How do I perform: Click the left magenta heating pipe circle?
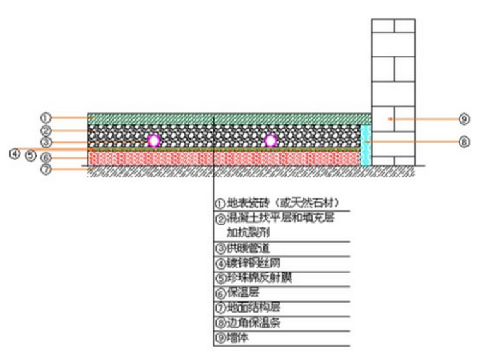(153, 141)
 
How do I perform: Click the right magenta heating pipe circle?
(270, 141)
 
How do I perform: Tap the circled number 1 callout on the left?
(45, 117)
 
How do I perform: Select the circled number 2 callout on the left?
(45, 130)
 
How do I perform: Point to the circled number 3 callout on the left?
(45, 142)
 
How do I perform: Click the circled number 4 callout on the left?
(15, 153)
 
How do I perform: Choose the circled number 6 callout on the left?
(45, 157)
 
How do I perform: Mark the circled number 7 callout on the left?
(45, 169)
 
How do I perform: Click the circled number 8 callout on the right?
(465, 142)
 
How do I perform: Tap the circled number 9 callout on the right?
(465, 118)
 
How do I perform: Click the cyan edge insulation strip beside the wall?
(365, 145)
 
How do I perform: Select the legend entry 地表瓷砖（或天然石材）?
(277, 203)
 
